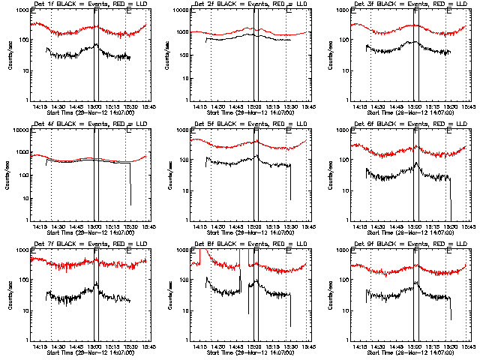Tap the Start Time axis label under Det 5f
[246, 233]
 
